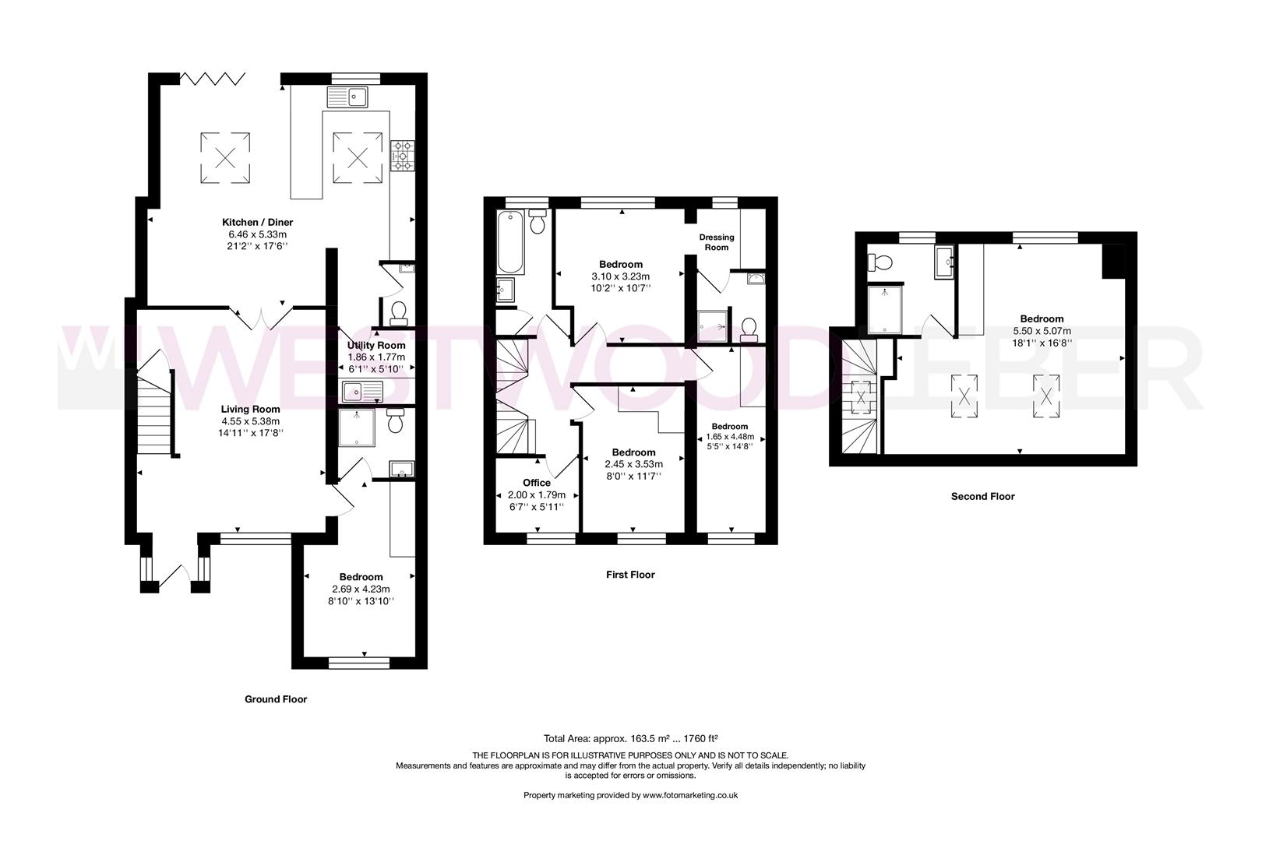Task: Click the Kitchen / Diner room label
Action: [257, 222]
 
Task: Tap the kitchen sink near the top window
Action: [347, 97]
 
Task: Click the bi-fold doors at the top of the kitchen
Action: [213, 78]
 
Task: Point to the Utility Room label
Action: [376, 345]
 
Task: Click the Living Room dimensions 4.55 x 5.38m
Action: [250, 421]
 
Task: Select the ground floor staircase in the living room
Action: [153, 413]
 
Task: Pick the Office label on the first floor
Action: [536, 483]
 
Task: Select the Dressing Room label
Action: [717, 242]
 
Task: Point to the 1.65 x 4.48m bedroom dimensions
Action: [729, 436]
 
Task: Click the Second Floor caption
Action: [982, 496]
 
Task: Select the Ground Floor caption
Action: [276, 699]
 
